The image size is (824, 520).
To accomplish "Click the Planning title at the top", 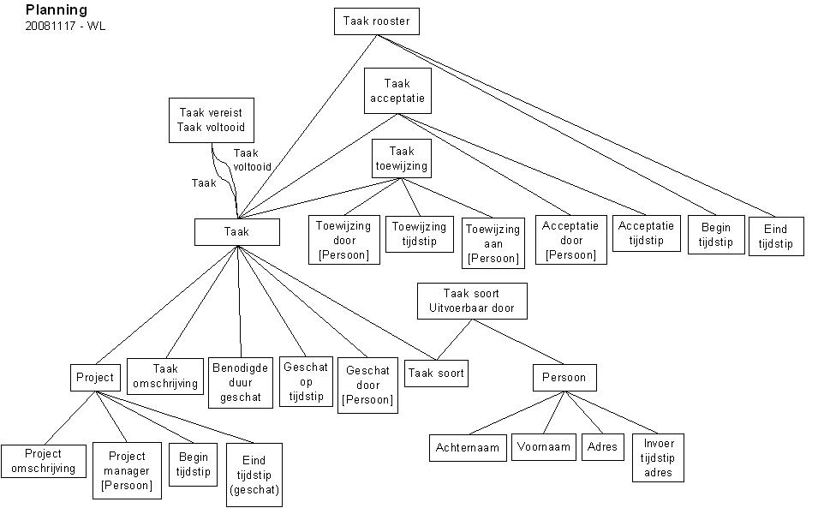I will (57, 10).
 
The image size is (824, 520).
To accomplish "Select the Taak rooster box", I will (377, 21).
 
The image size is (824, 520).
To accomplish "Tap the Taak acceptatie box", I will (397, 92).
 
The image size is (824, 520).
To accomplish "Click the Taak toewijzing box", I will (401, 159).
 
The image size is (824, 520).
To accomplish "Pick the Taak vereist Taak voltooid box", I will (212, 120).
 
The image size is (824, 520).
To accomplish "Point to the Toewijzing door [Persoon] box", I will (343, 240).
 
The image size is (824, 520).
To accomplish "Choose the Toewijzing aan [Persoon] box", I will (493, 243).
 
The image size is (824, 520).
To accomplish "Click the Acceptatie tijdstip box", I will (646, 233).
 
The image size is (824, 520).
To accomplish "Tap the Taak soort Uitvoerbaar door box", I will (472, 301).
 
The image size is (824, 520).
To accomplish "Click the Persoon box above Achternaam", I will (564, 378).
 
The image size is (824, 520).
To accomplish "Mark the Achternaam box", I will (467, 447).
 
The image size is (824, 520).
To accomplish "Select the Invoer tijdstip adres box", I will (659, 457).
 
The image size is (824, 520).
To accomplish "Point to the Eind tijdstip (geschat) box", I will (254, 475).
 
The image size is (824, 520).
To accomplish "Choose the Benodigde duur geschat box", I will (241, 383).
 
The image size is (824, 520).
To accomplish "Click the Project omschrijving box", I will (44, 461).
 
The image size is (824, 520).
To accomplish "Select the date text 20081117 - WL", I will (66, 27).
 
